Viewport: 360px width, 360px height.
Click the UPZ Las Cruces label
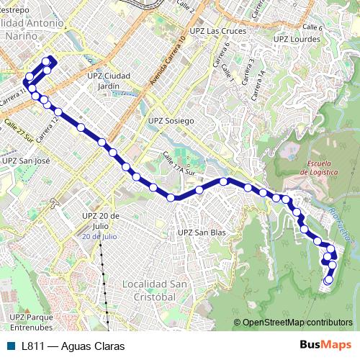point(217,32)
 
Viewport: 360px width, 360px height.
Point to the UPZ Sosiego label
point(171,121)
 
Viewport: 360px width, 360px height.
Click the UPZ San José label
point(26,161)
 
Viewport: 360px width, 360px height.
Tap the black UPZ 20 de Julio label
point(99,220)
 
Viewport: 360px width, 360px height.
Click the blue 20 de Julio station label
point(99,235)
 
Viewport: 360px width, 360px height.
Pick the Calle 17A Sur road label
point(179,165)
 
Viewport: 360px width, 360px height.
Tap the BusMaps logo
point(325,346)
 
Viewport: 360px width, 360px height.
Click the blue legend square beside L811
point(10,346)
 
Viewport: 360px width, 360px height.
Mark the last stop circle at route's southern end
point(328,281)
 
